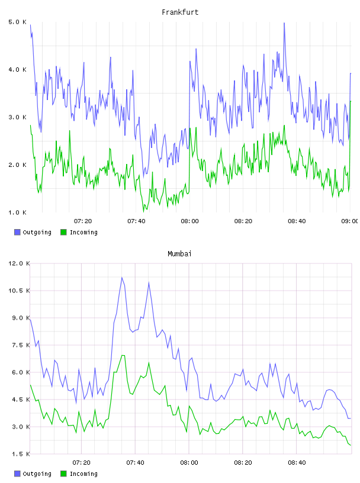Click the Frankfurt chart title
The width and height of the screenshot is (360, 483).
pos(180,12)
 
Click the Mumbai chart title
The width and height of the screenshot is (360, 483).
pos(179,254)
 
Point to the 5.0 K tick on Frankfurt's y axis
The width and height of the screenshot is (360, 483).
pos(18,22)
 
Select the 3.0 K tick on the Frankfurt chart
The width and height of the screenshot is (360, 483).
pos(18,117)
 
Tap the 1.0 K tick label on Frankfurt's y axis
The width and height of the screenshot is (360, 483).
pos(18,212)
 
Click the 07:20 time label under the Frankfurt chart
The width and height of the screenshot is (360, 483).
pos(83,221)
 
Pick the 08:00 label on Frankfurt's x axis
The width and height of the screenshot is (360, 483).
pos(190,221)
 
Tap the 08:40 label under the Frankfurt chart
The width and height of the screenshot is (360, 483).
pos(297,221)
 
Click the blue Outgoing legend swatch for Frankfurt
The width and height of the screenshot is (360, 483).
pos(17,232)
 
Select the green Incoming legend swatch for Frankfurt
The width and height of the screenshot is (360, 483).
pos(63,232)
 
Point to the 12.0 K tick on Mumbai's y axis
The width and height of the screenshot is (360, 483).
pos(19,263)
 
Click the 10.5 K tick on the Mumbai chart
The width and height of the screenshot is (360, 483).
pos(19,291)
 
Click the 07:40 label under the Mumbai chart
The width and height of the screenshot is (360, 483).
pos(136,463)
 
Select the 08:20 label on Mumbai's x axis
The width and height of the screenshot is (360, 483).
pos(243,463)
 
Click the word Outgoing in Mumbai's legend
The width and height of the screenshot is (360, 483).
pos(37,474)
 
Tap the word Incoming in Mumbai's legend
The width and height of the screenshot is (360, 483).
pos(83,474)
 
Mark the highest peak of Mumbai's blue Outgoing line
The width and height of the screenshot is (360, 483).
pos(122,278)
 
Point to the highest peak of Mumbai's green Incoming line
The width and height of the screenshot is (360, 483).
pos(123,356)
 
